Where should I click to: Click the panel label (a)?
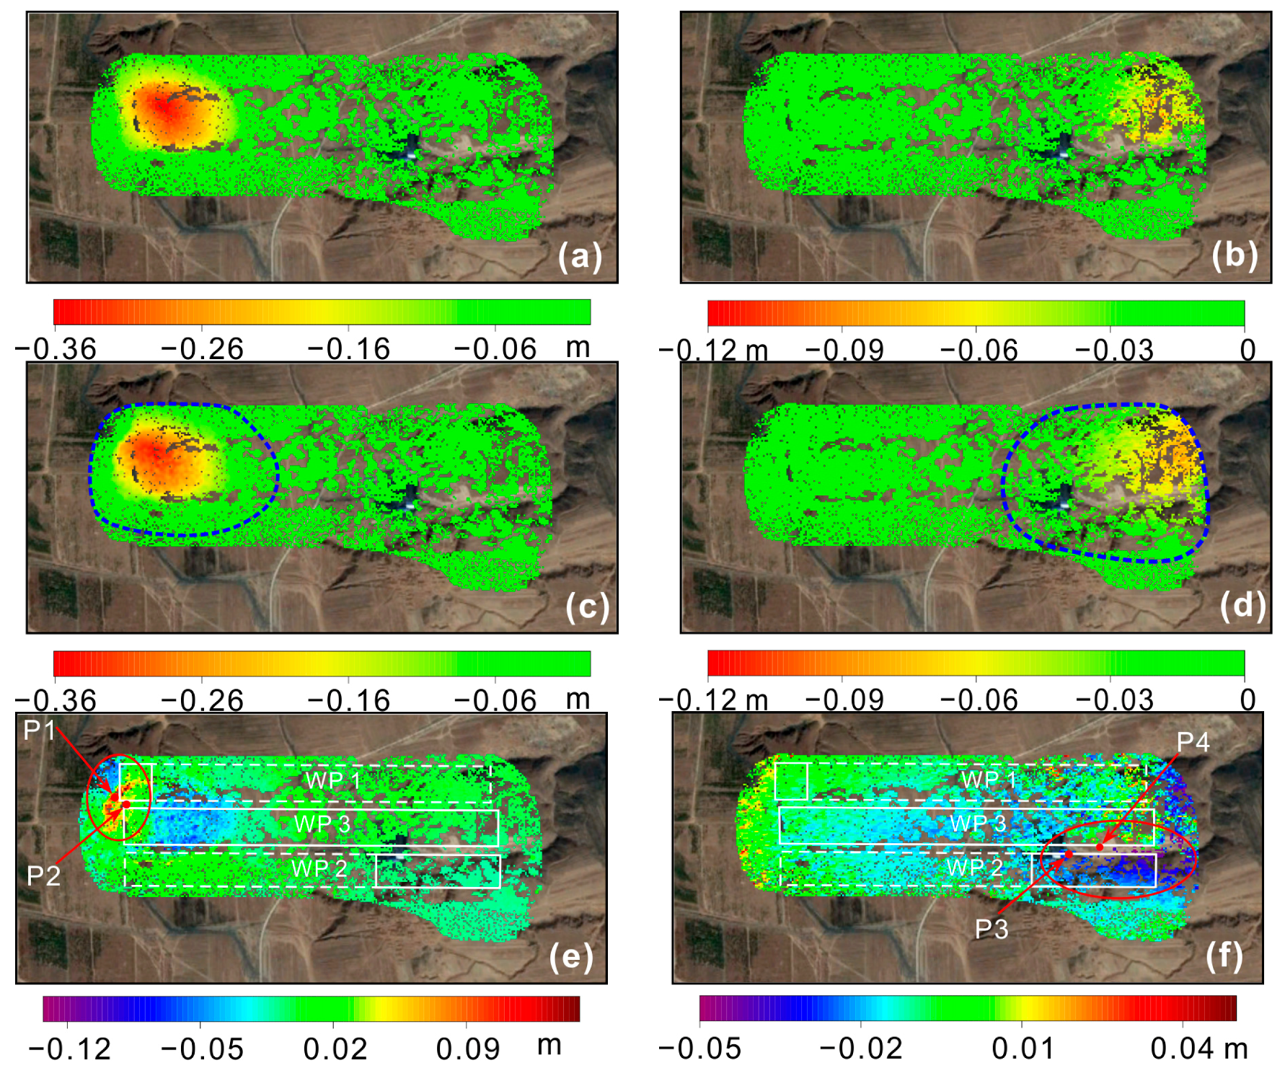coord(580,257)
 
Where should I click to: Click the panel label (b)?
coord(1235,255)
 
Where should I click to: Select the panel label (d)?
coord(1242,606)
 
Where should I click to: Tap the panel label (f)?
coord(1224,956)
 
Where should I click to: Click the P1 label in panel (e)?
coord(39,730)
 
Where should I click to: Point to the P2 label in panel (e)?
coord(43,876)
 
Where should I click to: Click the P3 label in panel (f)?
coord(992,930)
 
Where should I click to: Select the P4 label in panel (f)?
coord(1193,741)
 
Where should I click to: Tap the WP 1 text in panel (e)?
coord(332,780)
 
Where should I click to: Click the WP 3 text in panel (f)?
coord(978,824)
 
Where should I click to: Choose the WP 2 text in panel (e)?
coord(319,868)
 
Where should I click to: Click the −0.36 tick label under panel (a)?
coord(56,349)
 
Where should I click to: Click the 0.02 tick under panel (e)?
coord(335,1049)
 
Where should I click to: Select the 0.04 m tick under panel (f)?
coord(1198,1049)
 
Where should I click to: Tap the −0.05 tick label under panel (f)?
coord(700,1049)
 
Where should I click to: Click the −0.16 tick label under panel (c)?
coord(349,700)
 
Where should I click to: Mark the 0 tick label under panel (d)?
coord(1248,700)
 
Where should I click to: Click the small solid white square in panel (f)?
coord(791,781)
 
